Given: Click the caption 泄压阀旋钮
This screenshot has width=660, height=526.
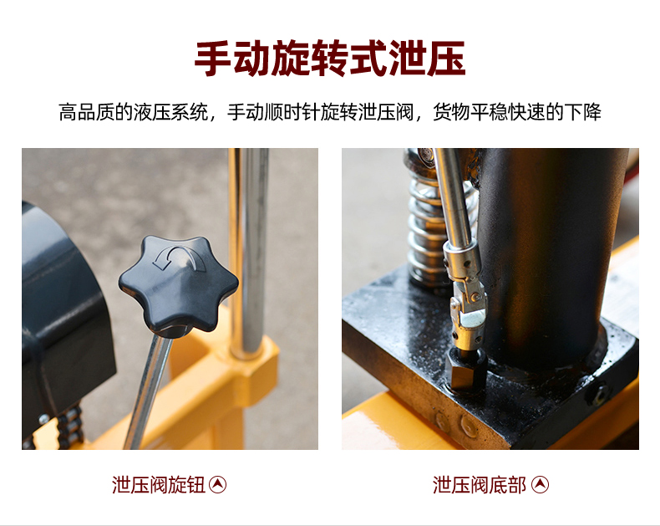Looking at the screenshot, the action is point(158,485).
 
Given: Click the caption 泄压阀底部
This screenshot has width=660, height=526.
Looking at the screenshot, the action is point(479,485).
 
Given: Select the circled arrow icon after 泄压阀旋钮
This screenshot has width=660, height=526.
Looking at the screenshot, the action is point(217,485).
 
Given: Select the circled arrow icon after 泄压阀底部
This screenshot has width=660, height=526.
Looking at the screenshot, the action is point(540,485).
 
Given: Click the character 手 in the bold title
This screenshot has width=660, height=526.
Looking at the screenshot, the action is point(213,59).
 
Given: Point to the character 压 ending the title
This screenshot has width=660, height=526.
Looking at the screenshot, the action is point(446,59).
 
